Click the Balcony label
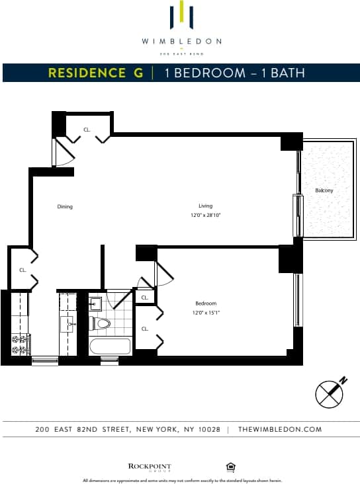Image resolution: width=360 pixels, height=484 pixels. pyautogui.click(x=324, y=191)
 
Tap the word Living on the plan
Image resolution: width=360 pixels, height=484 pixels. pyautogui.click(x=204, y=205)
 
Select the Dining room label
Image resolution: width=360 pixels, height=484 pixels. pyautogui.click(x=65, y=207)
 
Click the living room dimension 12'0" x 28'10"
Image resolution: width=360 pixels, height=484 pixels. pyautogui.click(x=205, y=215)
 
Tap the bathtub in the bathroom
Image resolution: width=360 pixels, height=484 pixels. pyautogui.click(x=109, y=346)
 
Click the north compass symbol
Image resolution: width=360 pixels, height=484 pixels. pyautogui.click(x=330, y=393)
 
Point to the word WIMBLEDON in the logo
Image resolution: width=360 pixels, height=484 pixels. pyautogui.click(x=181, y=41)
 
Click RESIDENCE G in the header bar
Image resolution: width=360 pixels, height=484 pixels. pyautogui.click(x=95, y=73)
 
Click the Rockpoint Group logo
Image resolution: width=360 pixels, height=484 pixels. pyautogui.click(x=149, y=467)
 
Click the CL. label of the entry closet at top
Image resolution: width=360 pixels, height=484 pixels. pyautogui.click(x=87, y=130)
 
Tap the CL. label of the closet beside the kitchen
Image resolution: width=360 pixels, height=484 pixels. pyautogui.click(x=22, y=270)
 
